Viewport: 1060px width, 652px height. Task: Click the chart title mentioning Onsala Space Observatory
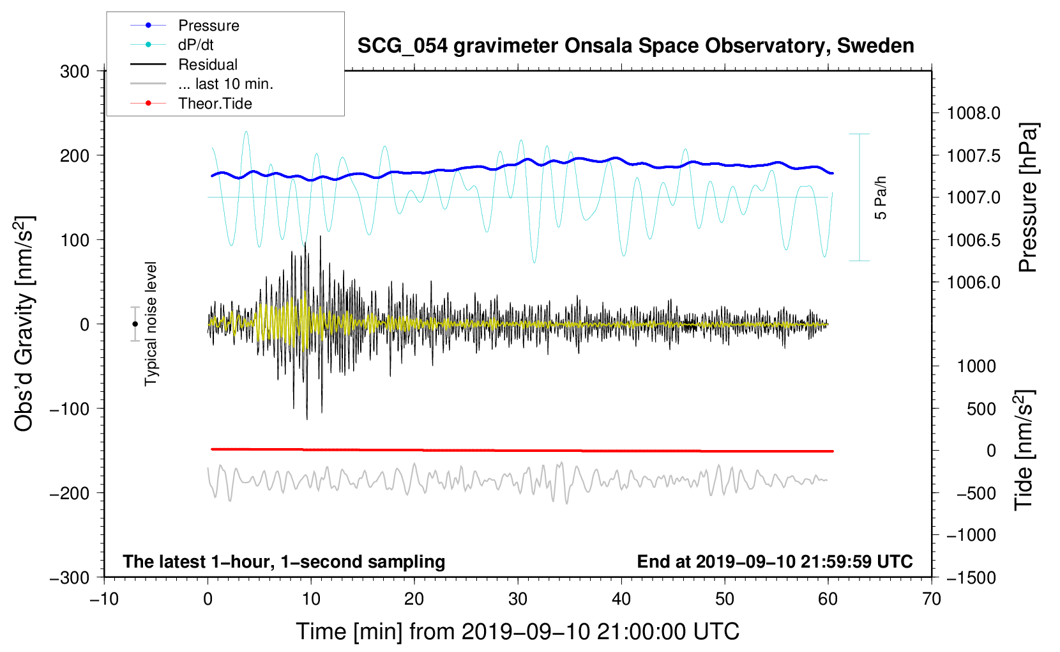(635, 46)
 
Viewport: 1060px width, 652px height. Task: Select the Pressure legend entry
(208, 26)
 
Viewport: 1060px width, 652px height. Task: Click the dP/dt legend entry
(195, 45)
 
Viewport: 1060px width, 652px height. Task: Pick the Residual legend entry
(208, 65)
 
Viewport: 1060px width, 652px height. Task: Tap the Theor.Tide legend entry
(215, 104)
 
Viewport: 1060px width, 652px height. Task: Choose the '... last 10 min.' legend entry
(225, 84)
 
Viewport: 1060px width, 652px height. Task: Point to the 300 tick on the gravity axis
(75, 71)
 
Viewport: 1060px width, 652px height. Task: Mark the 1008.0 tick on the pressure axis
(973, 113)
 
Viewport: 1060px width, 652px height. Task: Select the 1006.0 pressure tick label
(973, 282)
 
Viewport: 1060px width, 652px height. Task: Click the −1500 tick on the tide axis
(971, 577)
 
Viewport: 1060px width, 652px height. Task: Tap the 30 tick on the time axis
(518, 599)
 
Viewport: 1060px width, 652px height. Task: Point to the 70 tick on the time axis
(932, 599)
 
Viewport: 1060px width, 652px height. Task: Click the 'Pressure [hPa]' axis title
(1028, 198)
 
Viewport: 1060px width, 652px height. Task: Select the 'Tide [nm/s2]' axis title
(1024, 450)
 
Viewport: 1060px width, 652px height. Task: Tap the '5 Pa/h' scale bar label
(881, 198)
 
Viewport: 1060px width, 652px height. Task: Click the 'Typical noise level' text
(151, 323)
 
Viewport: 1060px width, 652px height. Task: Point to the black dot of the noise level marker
(135, 324)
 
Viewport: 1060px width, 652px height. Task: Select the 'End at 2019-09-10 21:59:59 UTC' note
(775, 561)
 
